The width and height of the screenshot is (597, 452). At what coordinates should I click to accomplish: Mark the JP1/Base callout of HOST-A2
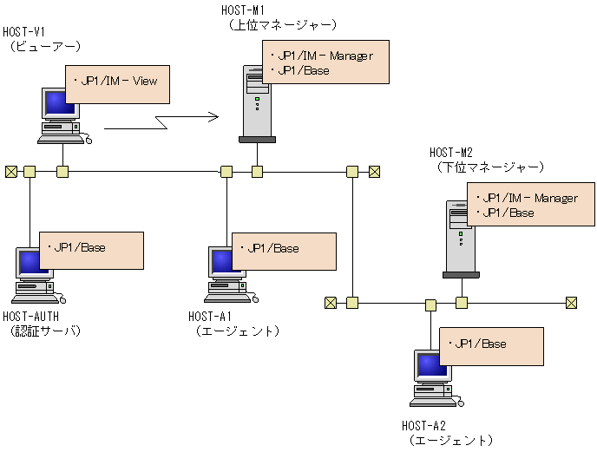click(x=491, y=346)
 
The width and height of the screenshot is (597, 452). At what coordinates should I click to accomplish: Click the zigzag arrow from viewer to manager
click(x=161, y=121)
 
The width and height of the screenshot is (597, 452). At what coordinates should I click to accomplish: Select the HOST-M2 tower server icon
click(x=461, y=239)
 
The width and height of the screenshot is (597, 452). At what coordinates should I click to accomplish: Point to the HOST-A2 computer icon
click(x=433, y=378)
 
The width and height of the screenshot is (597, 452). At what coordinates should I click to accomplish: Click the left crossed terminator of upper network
click(x=10, y=171)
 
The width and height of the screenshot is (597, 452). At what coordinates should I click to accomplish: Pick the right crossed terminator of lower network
click(x=571, y=303)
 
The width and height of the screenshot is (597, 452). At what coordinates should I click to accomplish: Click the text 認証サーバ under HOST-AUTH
click(x=44, y=331)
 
